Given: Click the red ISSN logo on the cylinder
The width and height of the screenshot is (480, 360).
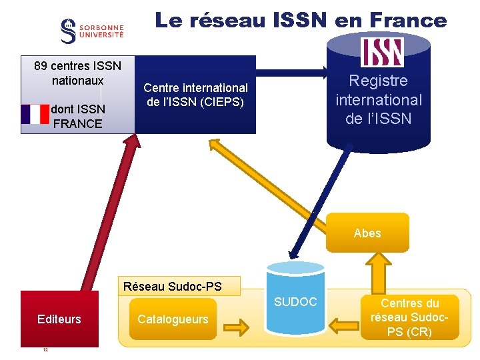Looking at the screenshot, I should click(x=382, y=52).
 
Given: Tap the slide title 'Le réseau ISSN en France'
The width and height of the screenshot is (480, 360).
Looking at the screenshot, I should click(x=301, y=20).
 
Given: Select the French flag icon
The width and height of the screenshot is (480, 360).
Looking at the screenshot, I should click(x=35, y=114).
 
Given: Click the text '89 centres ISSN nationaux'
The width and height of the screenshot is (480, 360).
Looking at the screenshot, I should click(x=77, y=73).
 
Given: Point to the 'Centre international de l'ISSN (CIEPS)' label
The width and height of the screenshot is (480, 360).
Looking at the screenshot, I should click(x=195, y=95).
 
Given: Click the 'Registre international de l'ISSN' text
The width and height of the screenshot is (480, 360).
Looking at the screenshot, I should click(x=379, y=100).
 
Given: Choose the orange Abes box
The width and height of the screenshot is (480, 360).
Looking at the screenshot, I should click(x=367, y=233).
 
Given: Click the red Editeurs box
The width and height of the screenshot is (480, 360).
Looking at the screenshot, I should click(x=59, y=319).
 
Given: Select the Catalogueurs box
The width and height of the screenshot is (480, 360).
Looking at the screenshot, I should click(x=173, y=319).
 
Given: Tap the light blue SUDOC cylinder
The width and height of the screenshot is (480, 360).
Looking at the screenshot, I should click(x=295, y=300).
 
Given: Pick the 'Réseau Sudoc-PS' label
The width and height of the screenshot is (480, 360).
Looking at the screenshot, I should click(x=173, y=287).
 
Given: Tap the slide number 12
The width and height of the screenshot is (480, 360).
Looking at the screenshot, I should click(x=45, y=350).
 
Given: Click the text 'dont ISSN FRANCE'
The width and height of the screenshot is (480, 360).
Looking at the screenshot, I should click(x=77, y=116).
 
